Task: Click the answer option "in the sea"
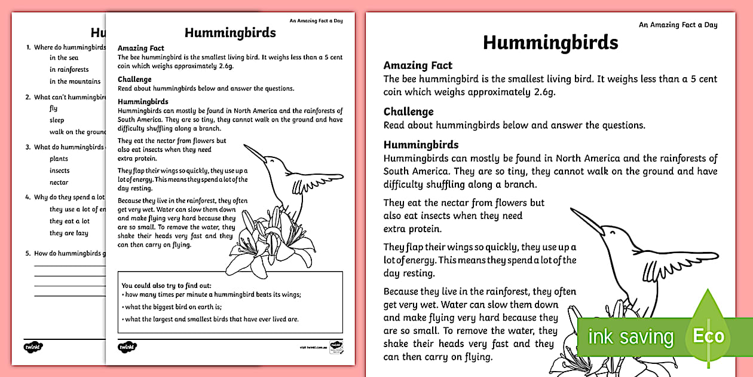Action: coord(63,58)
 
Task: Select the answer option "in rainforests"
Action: coord(69,69)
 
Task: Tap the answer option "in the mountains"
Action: coord(75,81)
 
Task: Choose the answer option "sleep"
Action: coord(57,120)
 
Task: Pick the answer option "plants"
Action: coord(59,159)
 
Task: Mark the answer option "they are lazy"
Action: coord(69,233)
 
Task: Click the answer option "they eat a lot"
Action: coord(69,221)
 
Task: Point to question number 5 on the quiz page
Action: coord(27,253)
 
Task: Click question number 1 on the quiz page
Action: coord(27,47)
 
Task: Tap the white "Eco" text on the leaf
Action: coord(708,336)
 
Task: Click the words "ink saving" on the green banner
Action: coord(630,337)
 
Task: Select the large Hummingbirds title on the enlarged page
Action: coord(550,42)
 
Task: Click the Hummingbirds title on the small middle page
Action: coord(230,32)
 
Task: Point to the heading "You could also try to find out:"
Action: coord(166,285)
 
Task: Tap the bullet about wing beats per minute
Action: coord(212,294)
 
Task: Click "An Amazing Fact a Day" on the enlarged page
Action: coord(678,25)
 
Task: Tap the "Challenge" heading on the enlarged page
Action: coord(408,112)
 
